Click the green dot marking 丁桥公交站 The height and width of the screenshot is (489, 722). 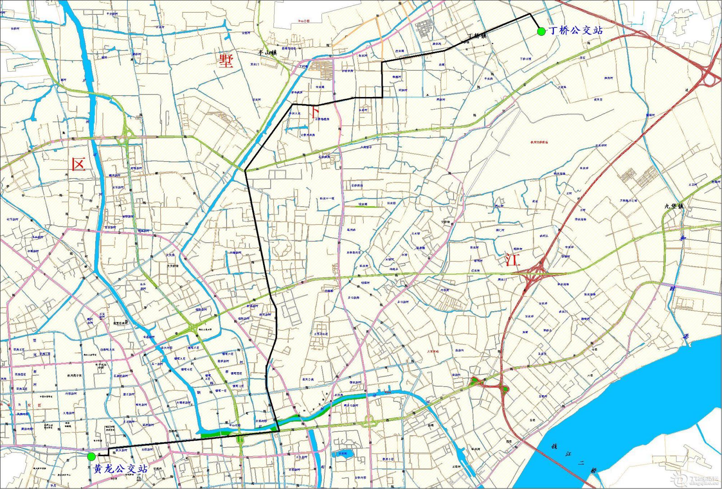tap(541, 31)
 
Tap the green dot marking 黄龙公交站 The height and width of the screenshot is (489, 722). tap(92, 457)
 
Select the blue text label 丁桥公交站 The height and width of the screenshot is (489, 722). tap(575, 31)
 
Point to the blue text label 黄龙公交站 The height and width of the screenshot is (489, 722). tap(120, 469)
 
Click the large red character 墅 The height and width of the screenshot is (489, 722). tap(226, 60)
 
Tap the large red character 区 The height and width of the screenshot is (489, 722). tap(78, 164)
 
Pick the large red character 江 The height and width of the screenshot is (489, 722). tap(513, 259)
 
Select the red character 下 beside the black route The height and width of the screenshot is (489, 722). tap(315, 111)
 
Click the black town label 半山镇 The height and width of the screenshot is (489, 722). tap(267, 53)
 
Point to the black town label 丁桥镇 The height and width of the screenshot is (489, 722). tap(477, 36)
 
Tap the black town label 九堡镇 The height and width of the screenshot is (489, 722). tap(674, 207)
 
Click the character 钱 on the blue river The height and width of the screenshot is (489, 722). tap(554, 446)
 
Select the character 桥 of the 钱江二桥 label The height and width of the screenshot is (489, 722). tap(594, 471)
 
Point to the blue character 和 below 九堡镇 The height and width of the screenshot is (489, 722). tap(684, 238)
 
